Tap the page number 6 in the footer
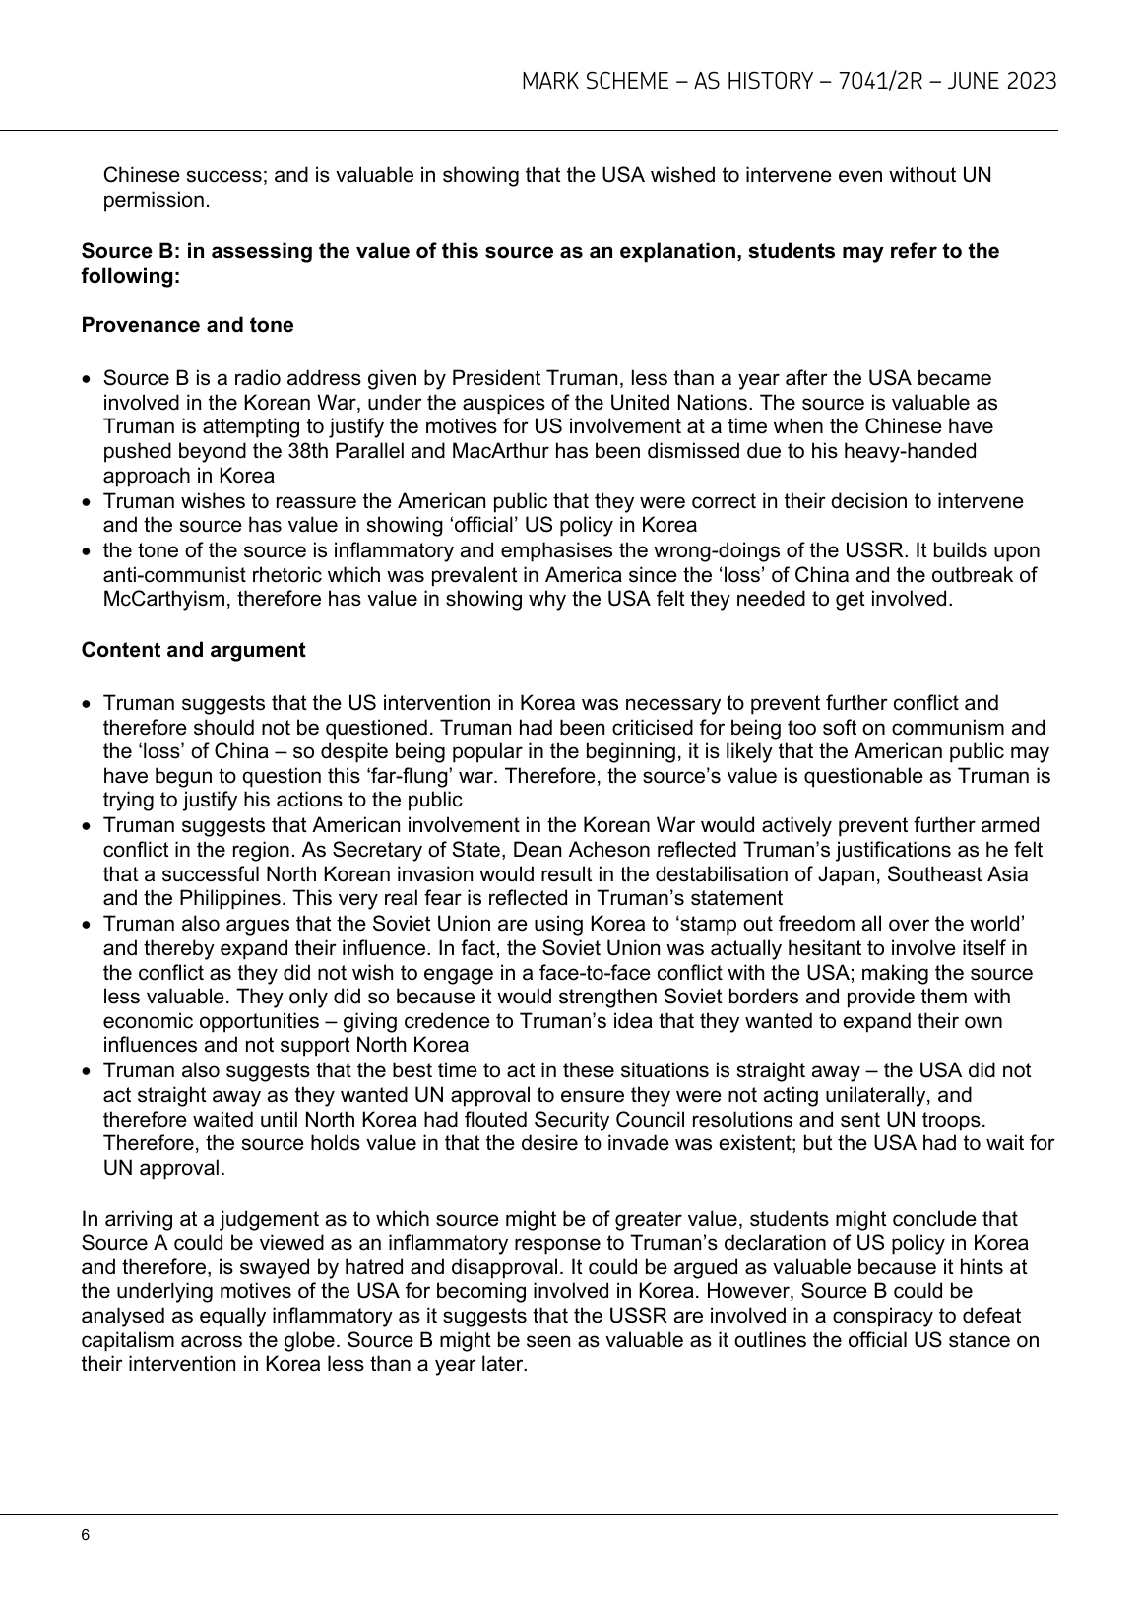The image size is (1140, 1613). click(x=87, y=1536)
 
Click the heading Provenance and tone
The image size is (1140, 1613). click(x=187, y=325)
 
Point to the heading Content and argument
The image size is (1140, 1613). click(x=193, y=650)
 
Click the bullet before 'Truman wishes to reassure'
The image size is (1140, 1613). click(x=89, y=501)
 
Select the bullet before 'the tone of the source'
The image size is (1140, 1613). click(x=89, y=550)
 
